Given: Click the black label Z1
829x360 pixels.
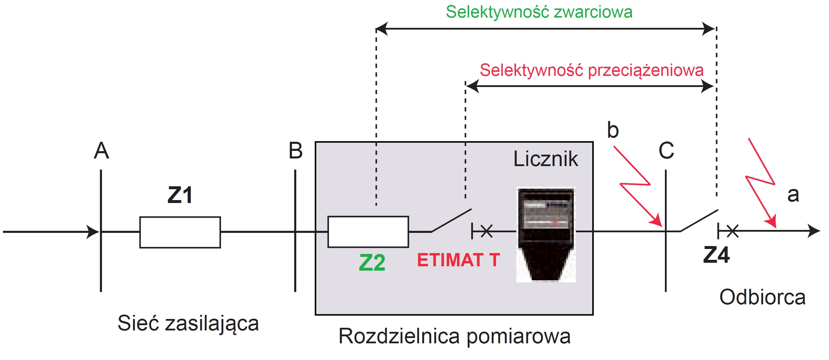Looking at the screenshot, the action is (180, 195).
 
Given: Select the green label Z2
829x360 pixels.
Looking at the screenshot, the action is (372, 262).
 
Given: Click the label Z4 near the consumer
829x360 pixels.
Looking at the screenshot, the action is (716, 255).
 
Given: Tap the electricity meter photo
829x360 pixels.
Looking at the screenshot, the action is (546, 235).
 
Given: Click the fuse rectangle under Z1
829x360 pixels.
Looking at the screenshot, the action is (180, 232).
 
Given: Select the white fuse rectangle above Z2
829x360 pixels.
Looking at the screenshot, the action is (368, 232).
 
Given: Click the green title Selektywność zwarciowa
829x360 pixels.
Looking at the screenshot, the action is (539, 12).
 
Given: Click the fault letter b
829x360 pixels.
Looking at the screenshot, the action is (613, 130).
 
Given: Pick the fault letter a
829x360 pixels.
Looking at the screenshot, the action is (793, 195).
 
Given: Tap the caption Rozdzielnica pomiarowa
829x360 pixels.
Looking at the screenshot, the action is (454, 337).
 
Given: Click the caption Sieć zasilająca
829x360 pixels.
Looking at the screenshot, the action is (188, 324).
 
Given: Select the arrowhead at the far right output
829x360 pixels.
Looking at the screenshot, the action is (814, 231).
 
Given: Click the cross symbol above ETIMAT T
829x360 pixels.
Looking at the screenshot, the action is (486, 231).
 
